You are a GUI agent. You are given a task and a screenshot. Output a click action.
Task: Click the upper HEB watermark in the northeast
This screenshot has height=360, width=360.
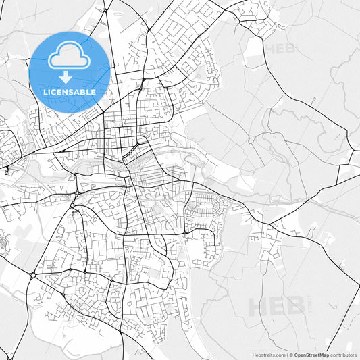tap(281, 49)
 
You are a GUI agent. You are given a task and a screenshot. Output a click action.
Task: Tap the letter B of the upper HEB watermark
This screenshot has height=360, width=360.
tap(292, 49)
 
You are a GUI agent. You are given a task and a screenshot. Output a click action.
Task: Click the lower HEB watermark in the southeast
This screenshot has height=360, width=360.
tap(277, 307)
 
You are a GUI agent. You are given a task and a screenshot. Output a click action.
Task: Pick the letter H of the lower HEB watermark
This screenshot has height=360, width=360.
tap(259, 307)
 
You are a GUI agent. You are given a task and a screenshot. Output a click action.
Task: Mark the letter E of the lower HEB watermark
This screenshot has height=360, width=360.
tap(277, 307)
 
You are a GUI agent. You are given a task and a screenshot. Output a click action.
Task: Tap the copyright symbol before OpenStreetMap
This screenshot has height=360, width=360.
tap(292, 354)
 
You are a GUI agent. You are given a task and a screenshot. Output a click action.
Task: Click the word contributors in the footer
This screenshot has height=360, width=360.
tap(343, 354)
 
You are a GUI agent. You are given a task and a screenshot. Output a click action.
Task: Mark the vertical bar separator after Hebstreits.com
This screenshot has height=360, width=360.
tap(288, 354)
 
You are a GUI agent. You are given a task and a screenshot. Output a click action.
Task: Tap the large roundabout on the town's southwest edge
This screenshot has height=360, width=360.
tap(32, 275)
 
